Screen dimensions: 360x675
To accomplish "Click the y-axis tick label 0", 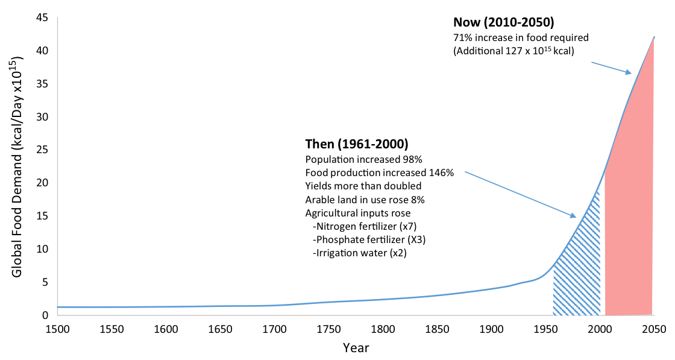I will click(x=45, y=315).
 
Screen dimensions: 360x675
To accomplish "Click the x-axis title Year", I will click(x=356, y=348).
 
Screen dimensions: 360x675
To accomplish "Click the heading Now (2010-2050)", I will click(x=503, y=24).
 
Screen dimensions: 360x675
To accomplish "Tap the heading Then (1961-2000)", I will click(x=357, y=144).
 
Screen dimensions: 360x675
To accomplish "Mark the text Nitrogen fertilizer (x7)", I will click(x=366, y=226).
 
